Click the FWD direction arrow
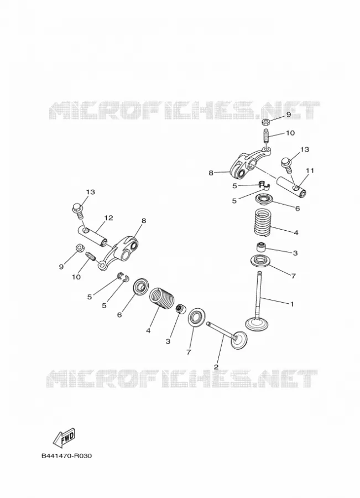(64, 437)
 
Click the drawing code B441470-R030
(66, 456)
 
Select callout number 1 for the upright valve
(292, 304)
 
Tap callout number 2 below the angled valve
(216, 367)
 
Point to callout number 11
(310, 170)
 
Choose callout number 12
(108, 218)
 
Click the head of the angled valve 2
(239, 340)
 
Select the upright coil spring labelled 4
(263, 222)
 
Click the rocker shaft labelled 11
(292, 186)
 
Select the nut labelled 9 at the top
(266, 122)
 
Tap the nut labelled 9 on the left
(80, 247)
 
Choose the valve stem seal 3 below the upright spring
(260, 246)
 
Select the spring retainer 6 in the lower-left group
(140, 287)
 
